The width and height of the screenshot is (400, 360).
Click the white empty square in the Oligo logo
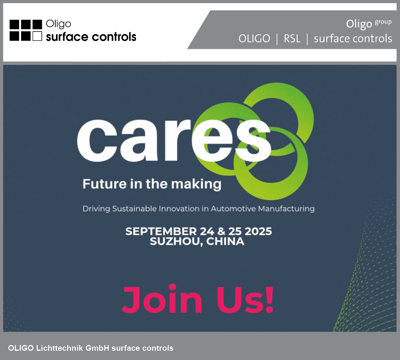(37, 36)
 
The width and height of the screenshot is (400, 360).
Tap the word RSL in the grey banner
(292, 39)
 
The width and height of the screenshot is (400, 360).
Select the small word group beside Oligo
(383, 22)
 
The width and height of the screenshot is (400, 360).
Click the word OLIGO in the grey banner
(255, 39)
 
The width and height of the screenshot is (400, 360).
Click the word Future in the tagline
(104, 184)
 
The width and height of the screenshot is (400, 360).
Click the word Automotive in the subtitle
(233, 208)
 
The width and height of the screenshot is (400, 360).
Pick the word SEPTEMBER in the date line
(161, 231)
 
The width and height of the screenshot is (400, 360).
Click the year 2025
(258, 231)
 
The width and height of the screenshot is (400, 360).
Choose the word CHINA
(225, 241)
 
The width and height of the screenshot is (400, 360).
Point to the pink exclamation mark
(269, 299)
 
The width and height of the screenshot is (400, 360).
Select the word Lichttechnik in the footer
(60, 348)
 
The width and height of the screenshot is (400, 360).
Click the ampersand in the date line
(221, 231)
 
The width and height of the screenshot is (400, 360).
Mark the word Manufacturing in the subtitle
(286, 209)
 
